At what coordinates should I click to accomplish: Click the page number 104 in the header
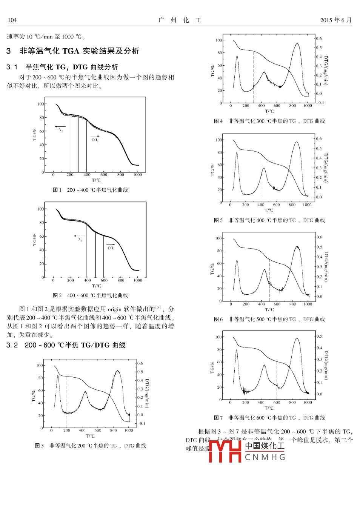tap(12, 20)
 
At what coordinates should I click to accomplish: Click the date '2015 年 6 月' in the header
tap(335, 20)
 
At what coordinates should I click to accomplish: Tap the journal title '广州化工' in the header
tap(180, 20)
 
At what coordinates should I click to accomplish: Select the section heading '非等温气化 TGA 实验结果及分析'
tap(79, 51)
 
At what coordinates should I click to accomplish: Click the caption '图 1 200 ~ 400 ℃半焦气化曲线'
tap(91, 190)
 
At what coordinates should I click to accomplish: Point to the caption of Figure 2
tap(91, 295)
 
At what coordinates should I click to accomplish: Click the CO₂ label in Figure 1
tap(95, 140)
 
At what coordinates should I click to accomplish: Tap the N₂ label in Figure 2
tap(80, 240)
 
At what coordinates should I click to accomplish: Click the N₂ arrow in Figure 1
tap(60, 127)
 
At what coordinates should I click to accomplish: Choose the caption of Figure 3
tap(91, 446)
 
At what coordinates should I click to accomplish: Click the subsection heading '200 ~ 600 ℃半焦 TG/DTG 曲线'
tap(75, 345)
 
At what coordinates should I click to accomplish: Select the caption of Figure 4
tap(269, 121)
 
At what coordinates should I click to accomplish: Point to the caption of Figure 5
tap(269, 220)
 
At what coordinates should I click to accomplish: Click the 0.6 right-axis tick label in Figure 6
tap(319, 237)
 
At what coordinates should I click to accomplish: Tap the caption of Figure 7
tap(269, 418)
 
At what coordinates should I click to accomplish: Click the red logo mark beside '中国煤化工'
tap(225, 451)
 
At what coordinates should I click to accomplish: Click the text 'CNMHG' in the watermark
tap(265, 457)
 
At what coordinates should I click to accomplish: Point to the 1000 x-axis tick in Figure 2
tap(138, 280)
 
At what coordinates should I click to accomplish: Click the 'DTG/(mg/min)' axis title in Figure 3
tap(147, 394)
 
